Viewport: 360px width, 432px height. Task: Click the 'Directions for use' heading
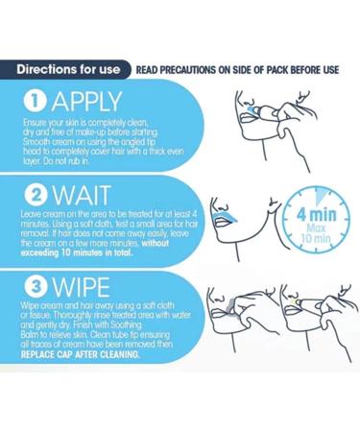(68, 68)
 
